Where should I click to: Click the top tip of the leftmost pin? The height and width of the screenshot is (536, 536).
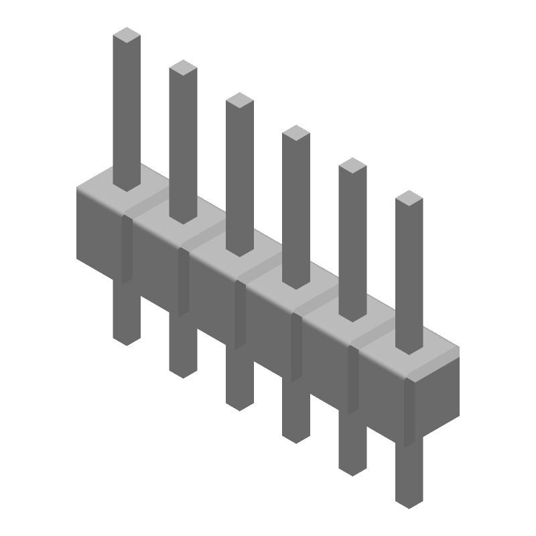(127, 34)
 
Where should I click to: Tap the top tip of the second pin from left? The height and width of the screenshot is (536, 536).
(183, 67)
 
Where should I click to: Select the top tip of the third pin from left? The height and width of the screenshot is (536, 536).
(239, 100)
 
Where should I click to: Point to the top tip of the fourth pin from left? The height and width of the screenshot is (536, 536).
(295, 133)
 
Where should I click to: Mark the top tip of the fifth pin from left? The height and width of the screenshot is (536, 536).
(352, 165)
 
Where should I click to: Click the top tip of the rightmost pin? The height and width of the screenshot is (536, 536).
(409, 198)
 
